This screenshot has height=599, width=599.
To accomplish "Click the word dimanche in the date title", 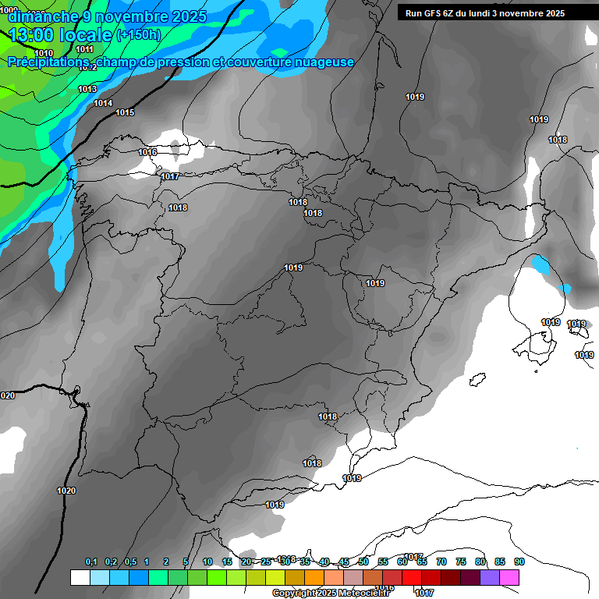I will point(42,16).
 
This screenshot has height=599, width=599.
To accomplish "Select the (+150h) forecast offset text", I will point(138,35).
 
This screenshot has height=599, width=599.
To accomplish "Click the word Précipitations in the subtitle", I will point(47,62).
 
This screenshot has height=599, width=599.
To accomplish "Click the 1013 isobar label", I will point(87,89).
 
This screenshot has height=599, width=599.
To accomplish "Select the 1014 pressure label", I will point(103,104).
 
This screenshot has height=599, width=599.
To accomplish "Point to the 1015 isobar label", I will point(125,113).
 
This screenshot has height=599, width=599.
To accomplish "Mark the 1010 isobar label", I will point(44,53).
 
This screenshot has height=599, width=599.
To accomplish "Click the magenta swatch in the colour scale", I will point(509,577).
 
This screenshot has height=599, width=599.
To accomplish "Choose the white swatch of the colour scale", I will point(80,577).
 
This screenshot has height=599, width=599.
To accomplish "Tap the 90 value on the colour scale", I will point(519,562).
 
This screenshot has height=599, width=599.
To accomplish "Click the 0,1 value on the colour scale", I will point(91,562).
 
